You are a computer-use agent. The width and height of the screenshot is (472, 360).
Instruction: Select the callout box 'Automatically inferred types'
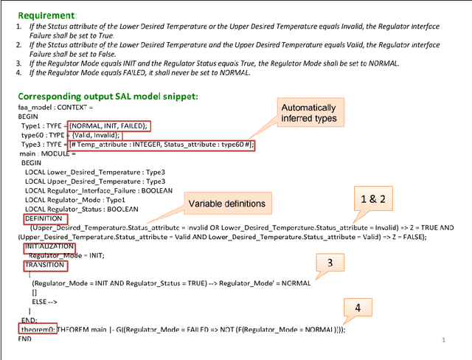pos(311,113)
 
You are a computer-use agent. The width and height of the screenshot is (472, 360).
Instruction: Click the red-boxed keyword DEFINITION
pos(44,219)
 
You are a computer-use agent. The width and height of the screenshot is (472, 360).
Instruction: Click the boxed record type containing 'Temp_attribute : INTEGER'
pos(161,145)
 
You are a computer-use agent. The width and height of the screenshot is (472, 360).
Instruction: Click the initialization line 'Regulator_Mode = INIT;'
pos(67,255)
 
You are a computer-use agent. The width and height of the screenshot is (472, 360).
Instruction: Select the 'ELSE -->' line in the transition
pos(45,302)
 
